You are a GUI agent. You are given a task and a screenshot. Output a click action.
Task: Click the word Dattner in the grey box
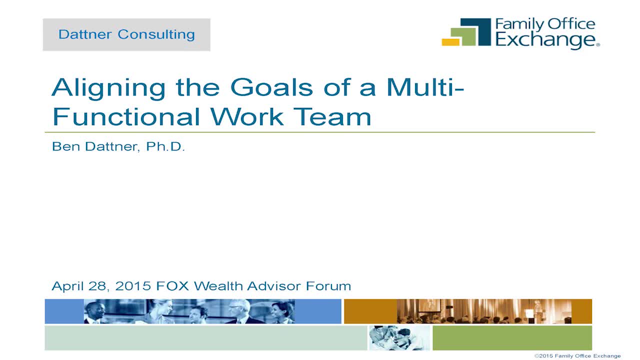[x=85, y=34]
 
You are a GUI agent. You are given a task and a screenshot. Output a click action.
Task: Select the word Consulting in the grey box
[x=156, y=35]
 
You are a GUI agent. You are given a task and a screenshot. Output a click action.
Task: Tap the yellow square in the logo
[x=450, y=42]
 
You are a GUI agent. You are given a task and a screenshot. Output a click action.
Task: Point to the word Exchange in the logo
[x=545, y=40]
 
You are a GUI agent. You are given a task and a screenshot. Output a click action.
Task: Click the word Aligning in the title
[x=108, y=88]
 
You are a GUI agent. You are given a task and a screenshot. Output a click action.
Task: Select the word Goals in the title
[x=271, y=87]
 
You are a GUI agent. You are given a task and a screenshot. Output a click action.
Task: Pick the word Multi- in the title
[x=425, y=87]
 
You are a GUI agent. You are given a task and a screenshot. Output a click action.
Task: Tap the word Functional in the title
[x=126, y=116]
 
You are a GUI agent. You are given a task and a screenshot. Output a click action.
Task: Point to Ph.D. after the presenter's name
[x=165, y=146]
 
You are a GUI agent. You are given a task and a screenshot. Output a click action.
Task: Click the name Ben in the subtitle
[x=66, y=146]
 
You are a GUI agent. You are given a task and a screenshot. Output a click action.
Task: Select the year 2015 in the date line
[x=133, y=286]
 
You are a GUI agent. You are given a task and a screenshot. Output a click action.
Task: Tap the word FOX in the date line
[x=172, y=286]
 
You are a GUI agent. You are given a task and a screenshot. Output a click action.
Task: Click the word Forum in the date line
[x=328, y=286]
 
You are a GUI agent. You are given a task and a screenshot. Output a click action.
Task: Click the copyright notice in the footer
[x=577, y=356]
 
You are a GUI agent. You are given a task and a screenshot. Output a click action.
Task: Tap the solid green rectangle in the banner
[x=512, y=338]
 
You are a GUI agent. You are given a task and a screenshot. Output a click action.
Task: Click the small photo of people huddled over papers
[x=399, y=338]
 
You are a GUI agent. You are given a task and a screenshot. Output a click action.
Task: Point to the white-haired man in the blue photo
[x=238, y=311]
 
